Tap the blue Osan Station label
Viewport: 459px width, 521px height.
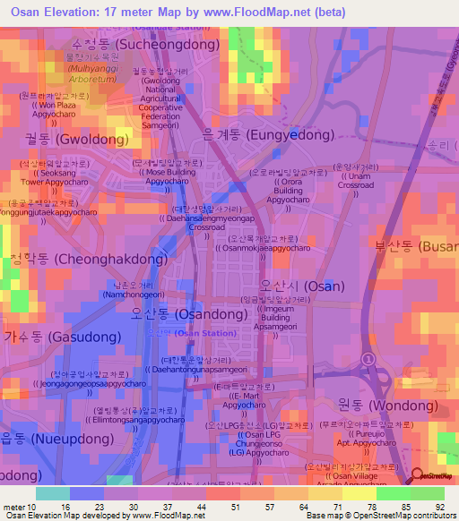[x=185, y=333]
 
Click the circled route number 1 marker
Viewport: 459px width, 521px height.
[x=367, y=358]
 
